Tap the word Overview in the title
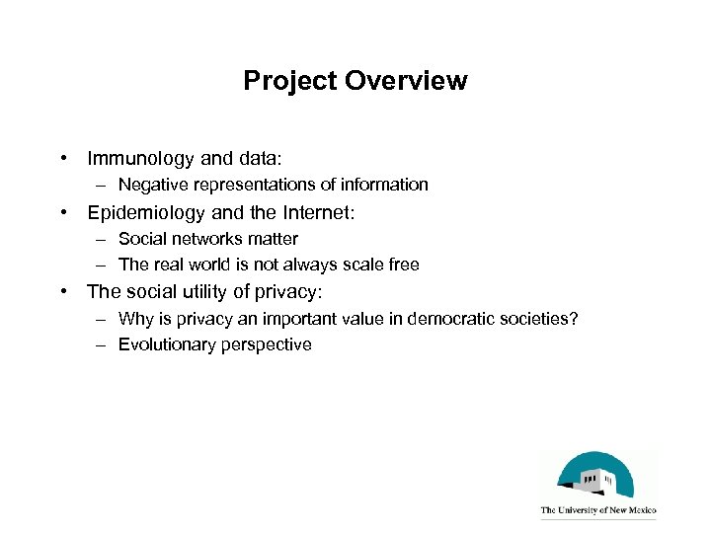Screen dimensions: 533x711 (406, 81)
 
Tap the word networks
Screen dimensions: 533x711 (202, 239)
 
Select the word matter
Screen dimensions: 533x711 (274, 239)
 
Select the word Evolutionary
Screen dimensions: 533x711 (162, 344)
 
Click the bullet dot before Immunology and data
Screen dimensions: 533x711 (62, 158)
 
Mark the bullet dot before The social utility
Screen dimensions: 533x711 (62, 291)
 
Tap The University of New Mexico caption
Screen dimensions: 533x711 (597, 511)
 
